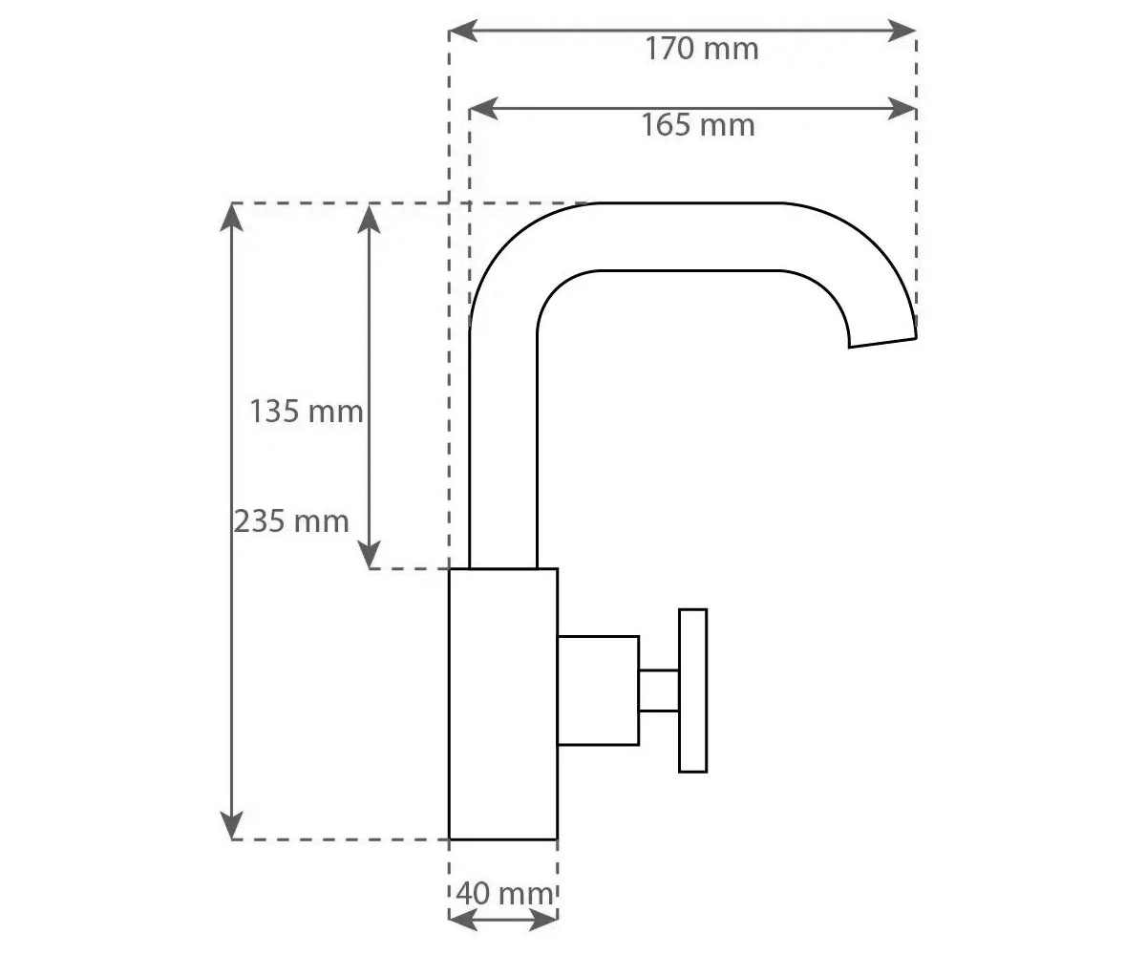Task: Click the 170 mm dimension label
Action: (x=701, y=49)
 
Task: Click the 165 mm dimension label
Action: (x=698, y=125)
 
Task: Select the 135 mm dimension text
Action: (x=307, y=412)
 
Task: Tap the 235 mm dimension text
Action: (x=291, y=521)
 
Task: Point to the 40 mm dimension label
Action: (x=504, y=894)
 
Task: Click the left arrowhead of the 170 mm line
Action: (x=462, y=31)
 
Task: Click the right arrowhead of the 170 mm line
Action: (x=902, y=31)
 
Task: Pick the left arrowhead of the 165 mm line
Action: (x=483, y=108)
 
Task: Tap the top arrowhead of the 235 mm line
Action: (x=231, y=218)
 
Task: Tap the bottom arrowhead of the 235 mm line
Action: (x=231, y=825)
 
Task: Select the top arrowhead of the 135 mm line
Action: (x=369, y=220)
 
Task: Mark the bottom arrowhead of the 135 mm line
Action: (x=369, y=554)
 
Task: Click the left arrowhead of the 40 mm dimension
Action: (x=463, y=920)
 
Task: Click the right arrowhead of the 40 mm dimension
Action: (x=543, y=920)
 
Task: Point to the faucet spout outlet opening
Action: (x=882, y=343)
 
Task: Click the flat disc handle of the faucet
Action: (x=692, y=690)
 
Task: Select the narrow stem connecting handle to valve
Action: (x=659, y=690)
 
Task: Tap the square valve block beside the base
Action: (x=598, y=690)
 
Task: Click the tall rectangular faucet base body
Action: (x=503, y=704)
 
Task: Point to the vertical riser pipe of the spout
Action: (x=502, y=450)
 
